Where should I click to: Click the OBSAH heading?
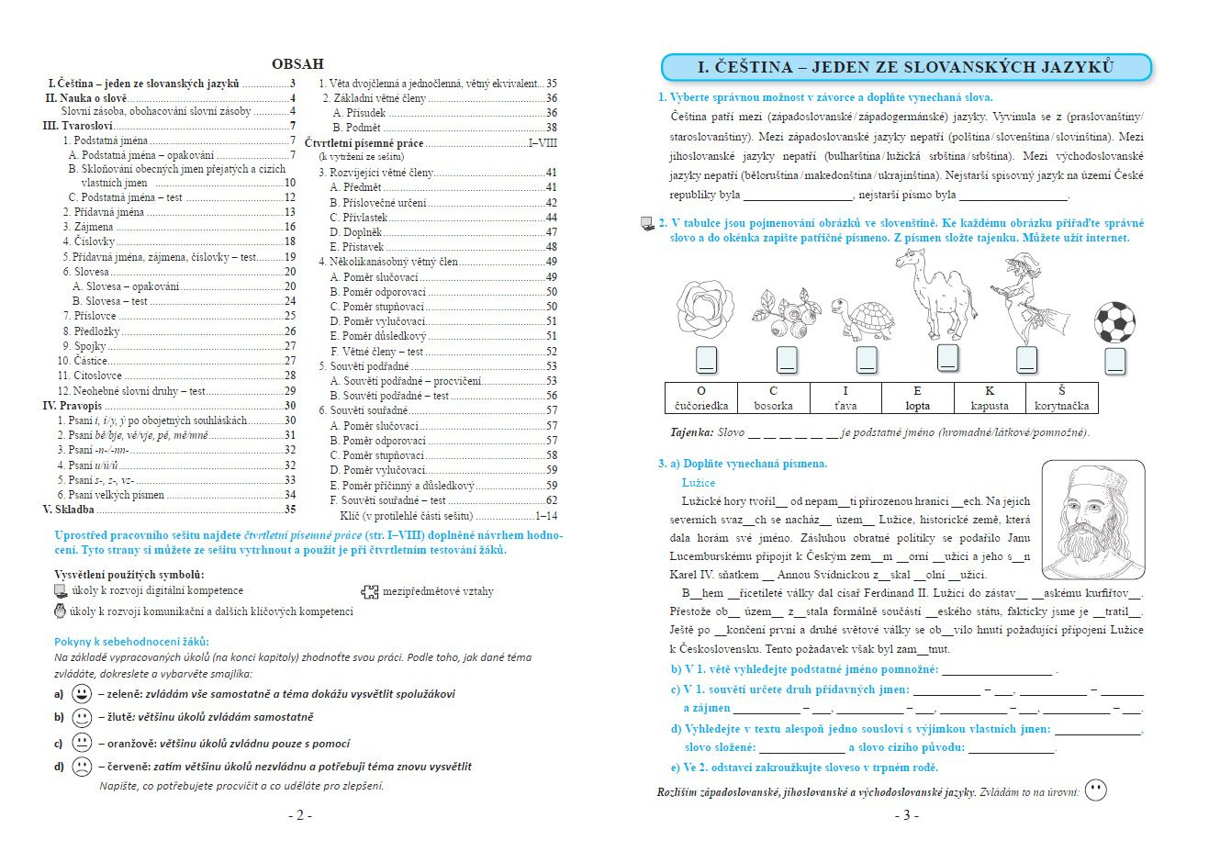[x=297, y=63]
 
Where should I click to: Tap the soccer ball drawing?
[x=1114, y=322]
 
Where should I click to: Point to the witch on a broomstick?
[x=1027, y=299]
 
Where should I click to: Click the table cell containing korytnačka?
[x=1061, y=398]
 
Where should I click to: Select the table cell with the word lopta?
[x=917, y=398]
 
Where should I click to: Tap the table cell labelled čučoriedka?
[x=701, y=398]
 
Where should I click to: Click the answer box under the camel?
[x=947, y=358]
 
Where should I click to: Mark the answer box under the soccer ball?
[x=1114, y=361]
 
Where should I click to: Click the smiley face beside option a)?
[x=82, y=693]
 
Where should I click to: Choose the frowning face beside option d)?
[x=82, y=766]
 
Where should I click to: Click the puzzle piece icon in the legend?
[x=369, y=591]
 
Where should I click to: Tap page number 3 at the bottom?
[x=905, y=815]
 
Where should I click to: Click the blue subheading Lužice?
[x=698, y=482]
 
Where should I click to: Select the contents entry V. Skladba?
[x=69, y=509]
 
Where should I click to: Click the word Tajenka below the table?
[x=691, y=431]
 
